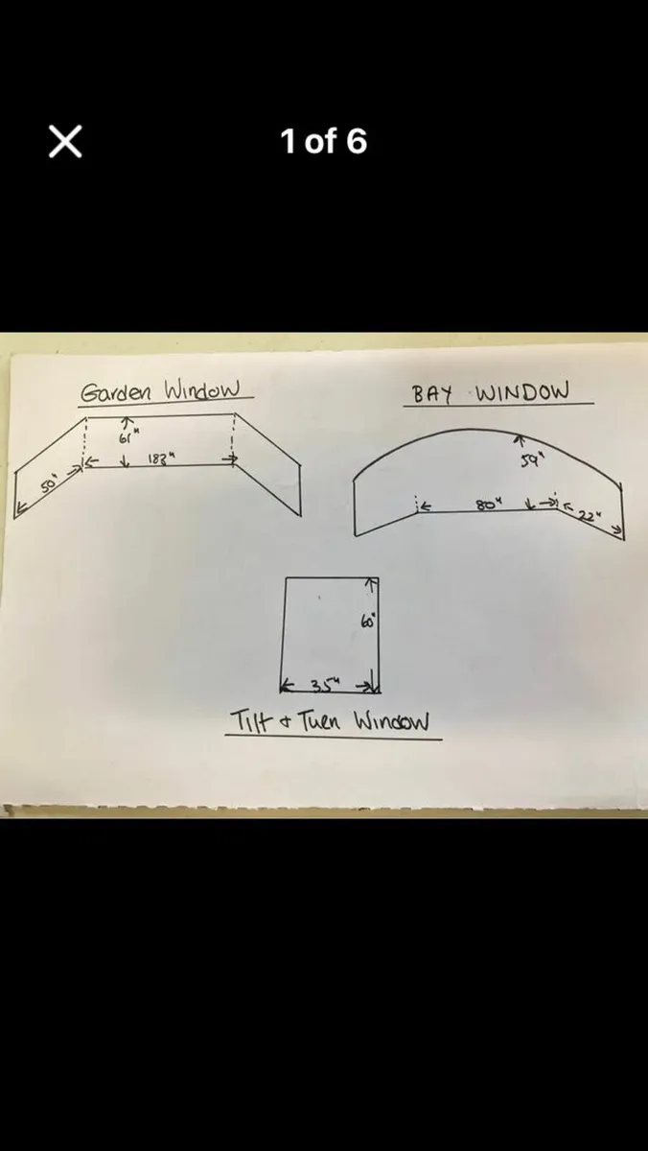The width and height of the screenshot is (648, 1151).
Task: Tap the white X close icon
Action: [x=65, y=142]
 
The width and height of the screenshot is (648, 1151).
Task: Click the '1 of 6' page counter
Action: [x=323, y=142]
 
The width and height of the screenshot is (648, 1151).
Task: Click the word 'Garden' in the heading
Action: [x=119, y=391]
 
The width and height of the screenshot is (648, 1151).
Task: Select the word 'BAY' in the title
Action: [x=432, y=393]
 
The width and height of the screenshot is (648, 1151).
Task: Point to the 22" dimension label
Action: [x=586, y=515]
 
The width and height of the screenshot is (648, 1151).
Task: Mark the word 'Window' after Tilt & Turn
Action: [x=391, y=721]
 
